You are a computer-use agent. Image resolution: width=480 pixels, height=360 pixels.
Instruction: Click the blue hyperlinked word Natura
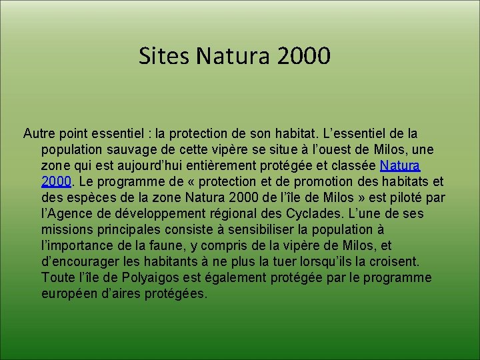(x=400, y=166)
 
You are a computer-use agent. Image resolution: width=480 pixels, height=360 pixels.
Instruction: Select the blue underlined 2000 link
(x=55, y=182)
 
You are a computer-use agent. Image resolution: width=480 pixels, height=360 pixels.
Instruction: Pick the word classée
(x=354, y=166)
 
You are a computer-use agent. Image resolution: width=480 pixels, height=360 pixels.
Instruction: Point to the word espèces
(x=90, y=198)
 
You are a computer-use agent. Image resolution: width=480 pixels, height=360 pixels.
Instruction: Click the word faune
(x=175, y=246)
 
